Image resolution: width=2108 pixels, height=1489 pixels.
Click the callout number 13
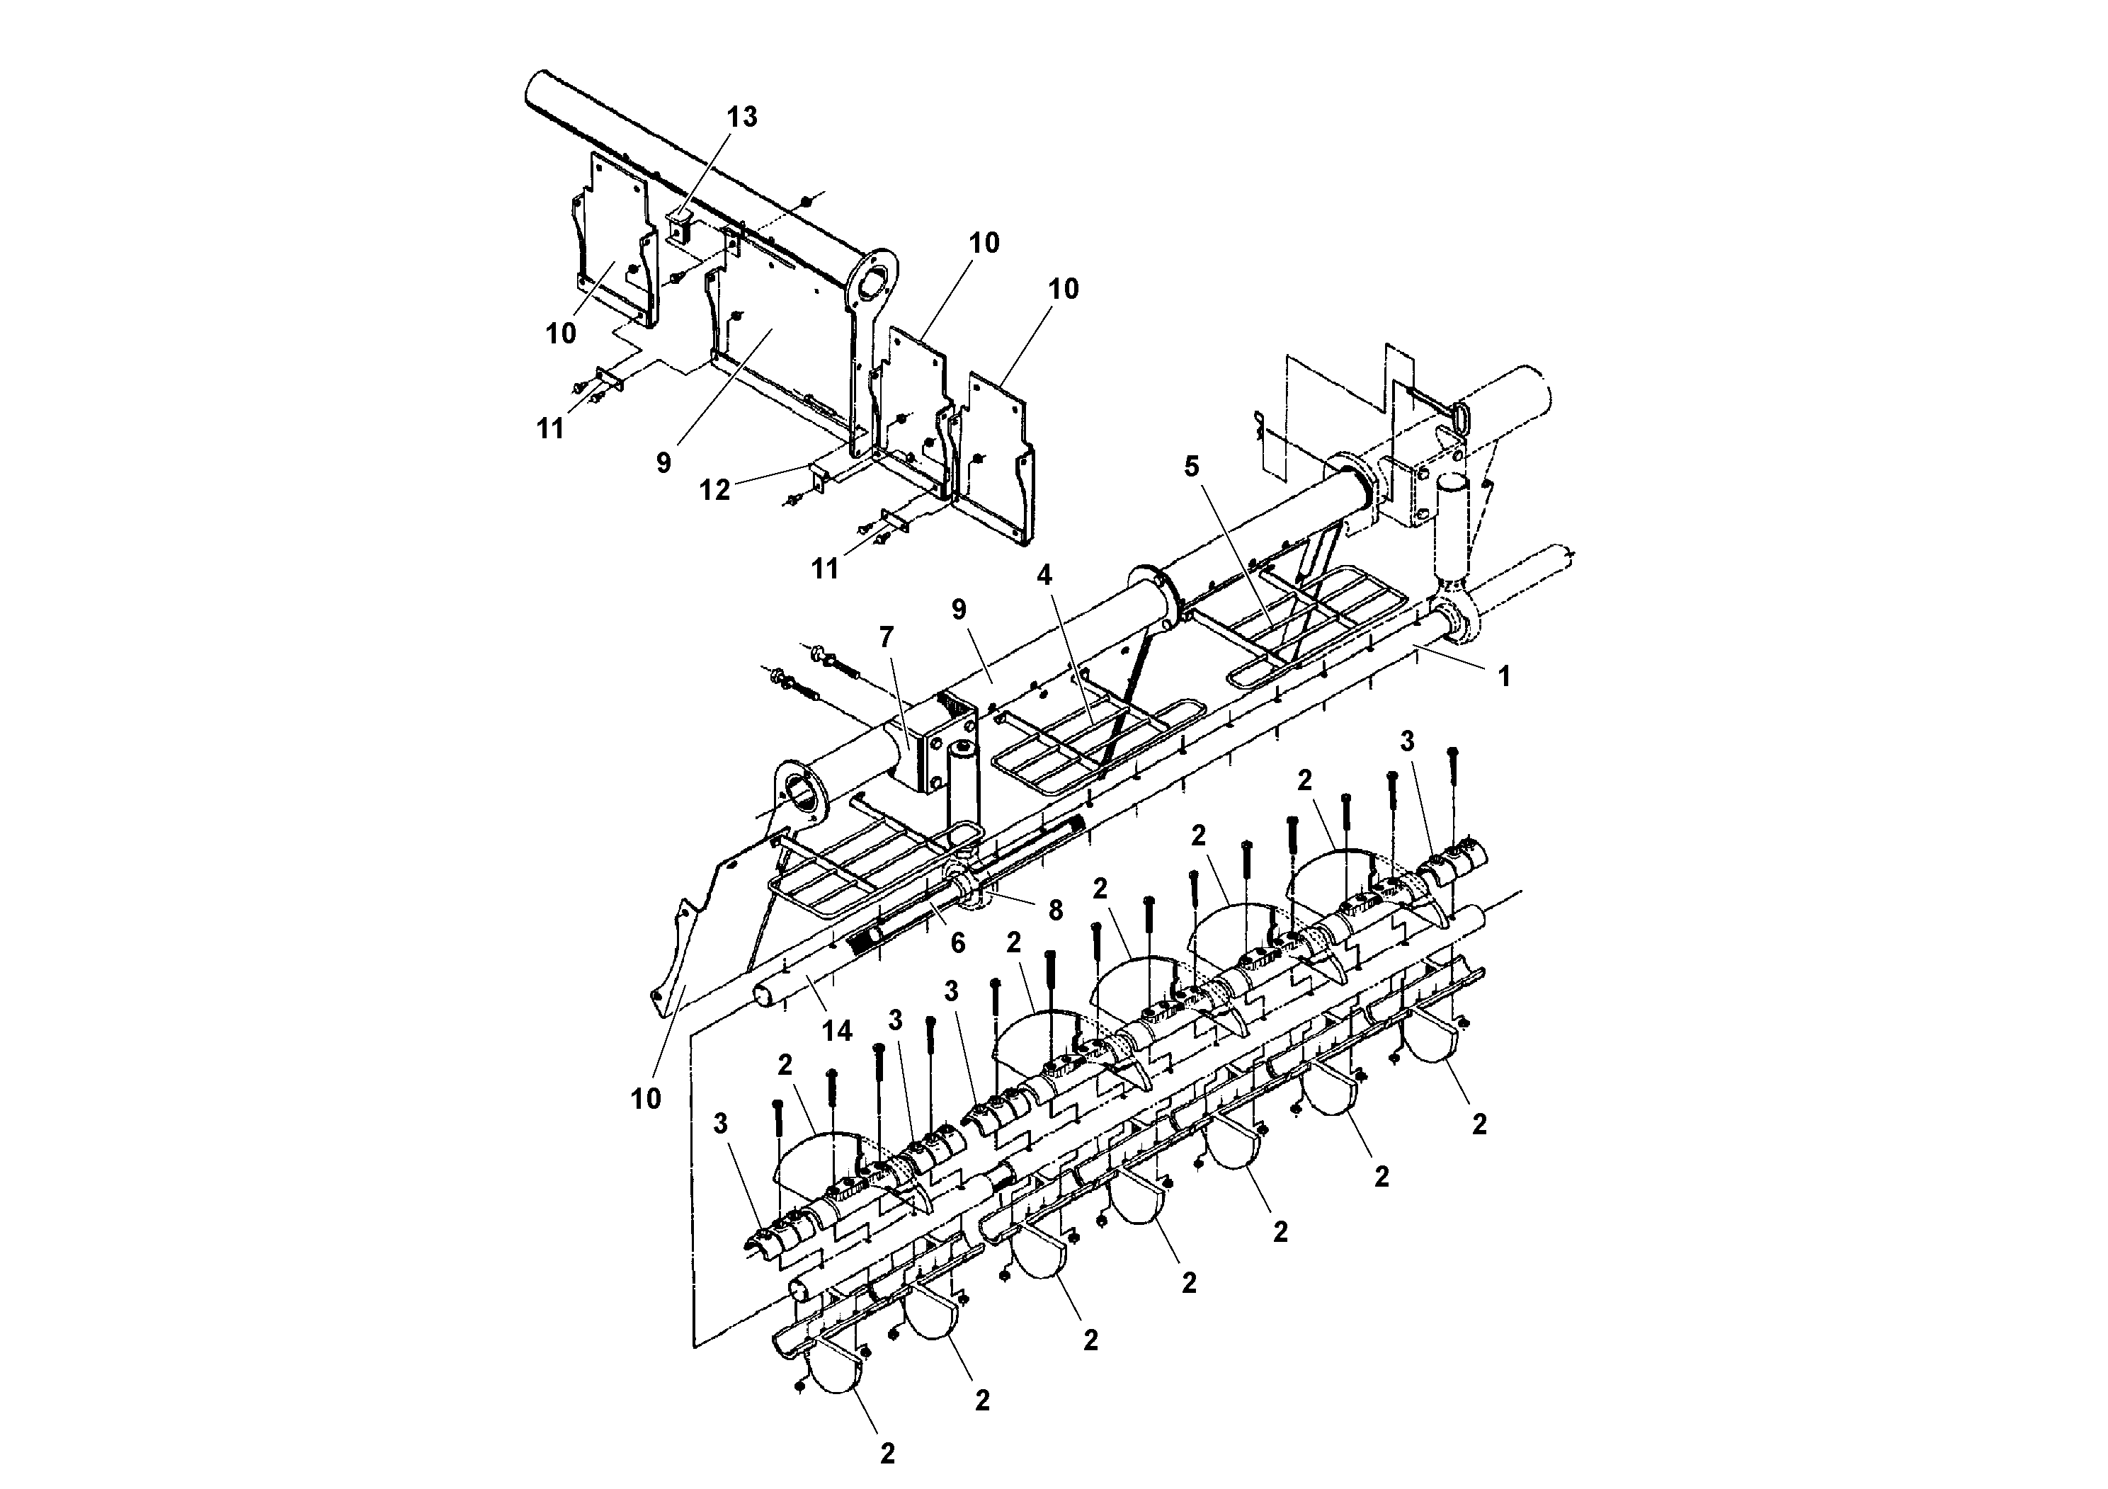pyautogui.click(x=742, y=118)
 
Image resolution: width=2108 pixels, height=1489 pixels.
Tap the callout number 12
pyautogui.click(x=714, y=490)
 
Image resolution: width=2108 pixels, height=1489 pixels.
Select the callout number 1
pyautogui.click(x=1503, y=677)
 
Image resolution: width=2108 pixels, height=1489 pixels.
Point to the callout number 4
pyautogui.click(x=1044, y=576)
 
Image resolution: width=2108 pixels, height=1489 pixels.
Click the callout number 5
pyautogui.click(x=1191, y=467)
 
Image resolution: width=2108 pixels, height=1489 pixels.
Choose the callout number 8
pyautogui.click(x=1056, y=910)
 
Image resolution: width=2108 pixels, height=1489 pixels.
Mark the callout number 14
pyautogui.click(x=836, y=1031)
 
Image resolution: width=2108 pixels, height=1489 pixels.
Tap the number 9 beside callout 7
pyautogui.click(x=959, y=609)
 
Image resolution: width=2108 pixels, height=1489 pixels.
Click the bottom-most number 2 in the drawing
pyautogui.click(x=887, y=1453)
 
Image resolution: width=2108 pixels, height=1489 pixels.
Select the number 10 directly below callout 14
pyautogui.click(x=646, y=1098)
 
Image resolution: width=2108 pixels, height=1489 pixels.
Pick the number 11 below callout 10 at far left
pyautogui.click(x=550, y=428)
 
